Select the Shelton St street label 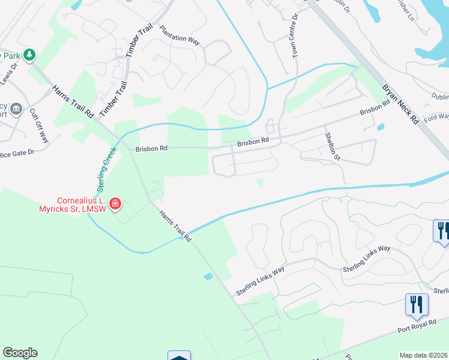[x=333, y=147]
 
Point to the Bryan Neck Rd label [x=399, y=104]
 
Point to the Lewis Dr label [x=7, y=77]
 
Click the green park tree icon [x=29, y=55]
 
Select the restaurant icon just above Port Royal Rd [x=416, y=304]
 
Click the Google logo [x=20, y=353]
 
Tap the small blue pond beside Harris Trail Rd [x=208, y=277]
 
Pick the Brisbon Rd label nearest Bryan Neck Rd [x=375, y=107]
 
